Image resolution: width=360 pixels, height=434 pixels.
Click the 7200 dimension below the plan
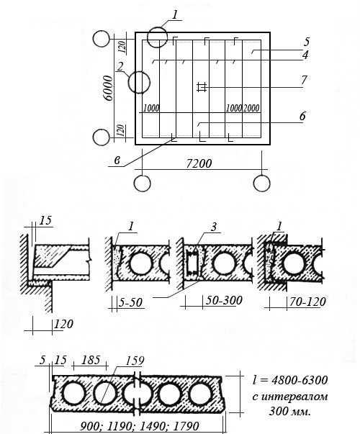pyautogui.click(x=199, y=163)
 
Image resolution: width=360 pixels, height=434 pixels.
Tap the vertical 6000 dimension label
pyautogui.click(x=109, y=88)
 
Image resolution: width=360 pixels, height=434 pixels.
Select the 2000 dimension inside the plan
pyautogui.click(x=251, y=108)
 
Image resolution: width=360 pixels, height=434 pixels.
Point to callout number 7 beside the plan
pyautogui.click(x=304, y=80)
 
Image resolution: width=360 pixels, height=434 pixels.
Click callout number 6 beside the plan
pyautogui.click(x=302, y=116)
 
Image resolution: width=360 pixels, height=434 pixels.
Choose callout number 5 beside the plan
pyautogui.click(x=306, y=42)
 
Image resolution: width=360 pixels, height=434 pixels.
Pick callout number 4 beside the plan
pyautogui.click(x=305, y=55)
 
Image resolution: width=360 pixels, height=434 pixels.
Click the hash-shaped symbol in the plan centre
pyautogui.click(x=202, y=87)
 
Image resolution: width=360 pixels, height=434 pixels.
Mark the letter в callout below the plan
pyautogui.click(x=117, y=161)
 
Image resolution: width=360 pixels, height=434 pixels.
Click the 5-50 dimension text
pyautogui.click(x=130, y=302)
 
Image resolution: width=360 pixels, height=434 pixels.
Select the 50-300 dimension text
pyautogui.click(x=224, y=300)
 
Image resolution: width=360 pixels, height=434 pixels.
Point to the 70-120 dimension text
pyautogui.click(x=307, y=302)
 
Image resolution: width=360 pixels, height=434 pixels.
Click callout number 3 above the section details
pyautogui.click(x=214, y=227)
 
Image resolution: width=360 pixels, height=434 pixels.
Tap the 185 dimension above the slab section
pyautogui.click(x=91, y=360)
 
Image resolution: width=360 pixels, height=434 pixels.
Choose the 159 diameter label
pyautogui.click(x=135, y=361)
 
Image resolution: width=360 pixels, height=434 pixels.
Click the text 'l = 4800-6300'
pyautogui.click(x=290, y=380)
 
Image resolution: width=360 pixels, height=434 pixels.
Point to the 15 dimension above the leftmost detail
pyautogui.click(x=45, y=220)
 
